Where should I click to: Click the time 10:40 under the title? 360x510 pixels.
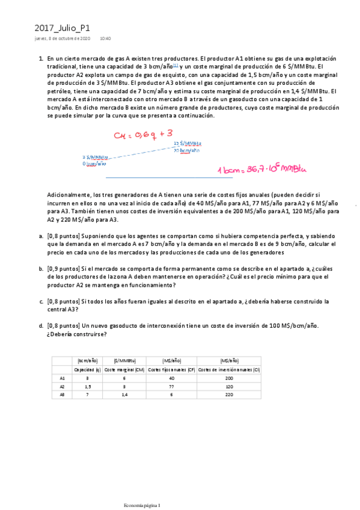105,38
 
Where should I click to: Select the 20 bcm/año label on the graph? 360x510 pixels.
186,150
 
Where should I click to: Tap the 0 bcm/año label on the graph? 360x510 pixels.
94,163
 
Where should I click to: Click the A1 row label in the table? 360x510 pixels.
63,378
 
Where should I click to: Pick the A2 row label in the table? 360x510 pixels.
63,387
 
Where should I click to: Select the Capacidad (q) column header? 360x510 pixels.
88,369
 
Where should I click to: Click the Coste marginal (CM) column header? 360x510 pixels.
123,369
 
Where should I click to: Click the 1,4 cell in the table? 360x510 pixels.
123,395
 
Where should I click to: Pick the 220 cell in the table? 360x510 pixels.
228,395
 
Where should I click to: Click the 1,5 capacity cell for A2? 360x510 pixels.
88,387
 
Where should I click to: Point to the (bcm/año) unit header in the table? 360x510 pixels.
88,360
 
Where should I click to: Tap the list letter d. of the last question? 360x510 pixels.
41,325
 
